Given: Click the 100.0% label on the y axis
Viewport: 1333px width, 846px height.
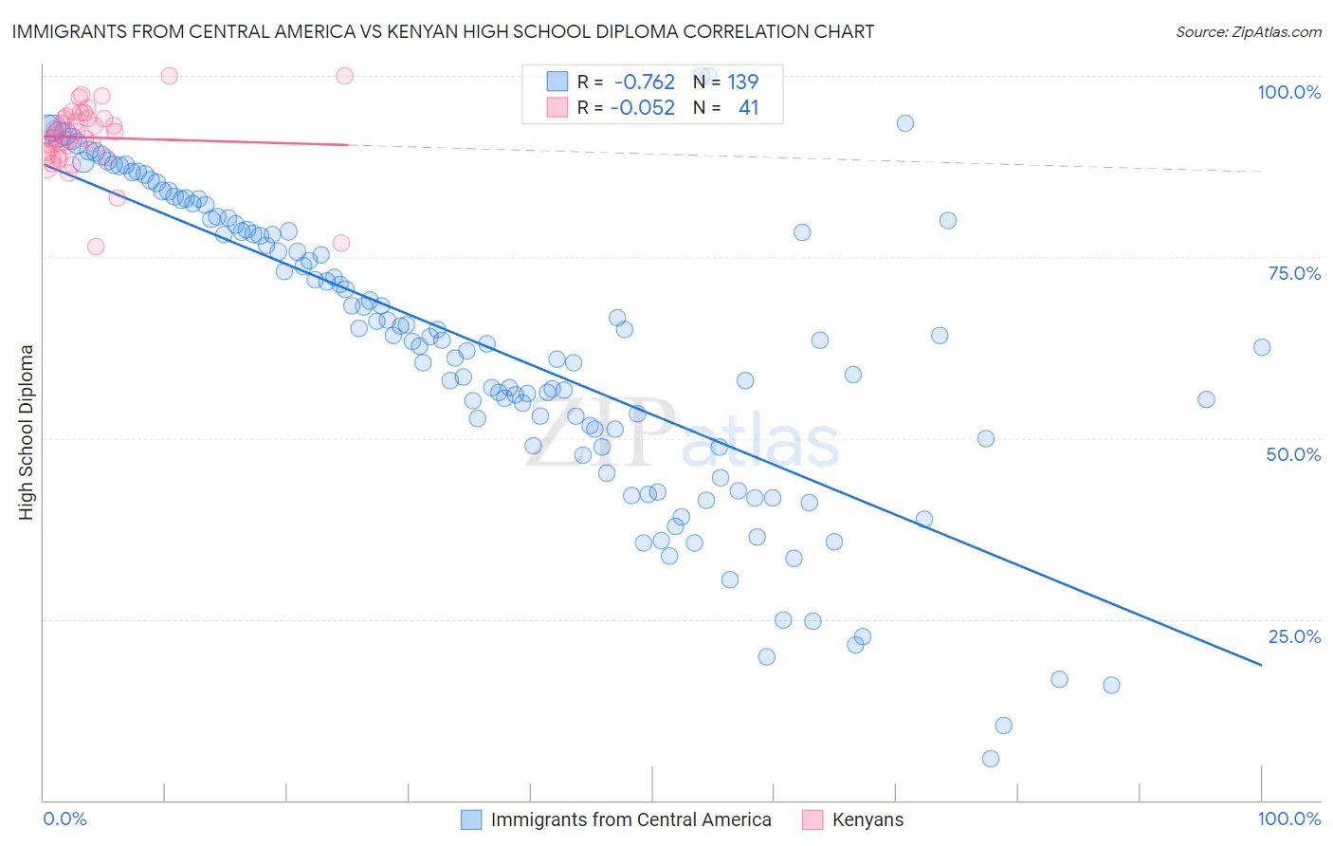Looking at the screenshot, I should (1288, 92).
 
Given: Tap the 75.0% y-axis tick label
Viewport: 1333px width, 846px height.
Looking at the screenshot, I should (1294, 273).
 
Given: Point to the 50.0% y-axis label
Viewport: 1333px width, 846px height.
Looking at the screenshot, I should (1293, 454).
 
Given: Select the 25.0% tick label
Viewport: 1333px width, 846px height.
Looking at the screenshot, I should (1294, 636).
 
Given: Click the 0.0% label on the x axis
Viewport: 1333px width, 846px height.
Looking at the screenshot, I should (64, 818).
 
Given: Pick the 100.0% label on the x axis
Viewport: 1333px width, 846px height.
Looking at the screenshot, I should (1288, 818).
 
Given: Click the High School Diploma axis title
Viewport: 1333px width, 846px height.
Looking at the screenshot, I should (26, 432).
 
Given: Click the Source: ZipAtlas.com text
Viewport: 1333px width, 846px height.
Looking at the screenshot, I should (1248, 31).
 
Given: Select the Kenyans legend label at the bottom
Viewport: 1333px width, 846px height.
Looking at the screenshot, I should (867, 819).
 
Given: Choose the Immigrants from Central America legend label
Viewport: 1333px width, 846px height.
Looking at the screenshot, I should (630, 819).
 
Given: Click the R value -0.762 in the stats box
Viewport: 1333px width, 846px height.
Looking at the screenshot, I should (644, 83).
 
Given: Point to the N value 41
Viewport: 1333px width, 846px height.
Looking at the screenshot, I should (748, 108).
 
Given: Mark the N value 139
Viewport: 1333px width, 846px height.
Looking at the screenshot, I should (742, 83).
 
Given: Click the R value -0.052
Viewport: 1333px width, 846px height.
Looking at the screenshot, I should (644, 108).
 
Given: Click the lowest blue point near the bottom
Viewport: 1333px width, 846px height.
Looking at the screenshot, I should (991, 759).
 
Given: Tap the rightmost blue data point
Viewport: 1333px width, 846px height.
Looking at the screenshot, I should (1262, 347).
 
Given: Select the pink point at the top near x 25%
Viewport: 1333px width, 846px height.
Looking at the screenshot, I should (345, 76).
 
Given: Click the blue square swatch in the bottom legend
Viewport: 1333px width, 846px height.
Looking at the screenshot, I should (471, 819).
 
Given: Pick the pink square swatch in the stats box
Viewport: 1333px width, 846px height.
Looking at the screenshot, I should (557, 108).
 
